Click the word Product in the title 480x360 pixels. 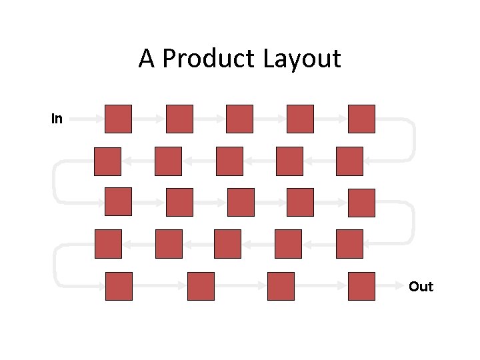click(x=209, y=59)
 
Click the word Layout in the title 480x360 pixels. click(x=301, y=59)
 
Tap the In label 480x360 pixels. click(x=57, y=119)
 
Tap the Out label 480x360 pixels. click(x=421, y=287)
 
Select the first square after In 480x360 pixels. click(x=118, y=119)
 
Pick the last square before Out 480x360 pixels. click(x=361, y=286)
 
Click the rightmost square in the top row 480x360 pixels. click(x=361, y=119)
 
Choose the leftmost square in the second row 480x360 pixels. click(x=107, y=161)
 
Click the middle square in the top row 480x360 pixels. click(x=239, y=119)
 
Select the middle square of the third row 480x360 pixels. click(x=241, y=202)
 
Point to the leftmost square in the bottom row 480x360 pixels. click(x=119, y=286)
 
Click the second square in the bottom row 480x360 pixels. click(x=201, y=286)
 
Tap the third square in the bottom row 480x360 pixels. click(x=281, y=286)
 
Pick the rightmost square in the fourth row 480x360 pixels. click(x=349, y=244)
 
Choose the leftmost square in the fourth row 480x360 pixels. click(x=108, y=244)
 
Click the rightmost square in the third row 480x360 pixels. click(x=361, y=203)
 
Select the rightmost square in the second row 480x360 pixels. click(x=349, y=161)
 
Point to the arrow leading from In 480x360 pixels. click(x=85, y=119)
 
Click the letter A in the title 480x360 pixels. click(x=146, y=59)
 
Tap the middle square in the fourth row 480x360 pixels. click(x=227, y=244)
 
